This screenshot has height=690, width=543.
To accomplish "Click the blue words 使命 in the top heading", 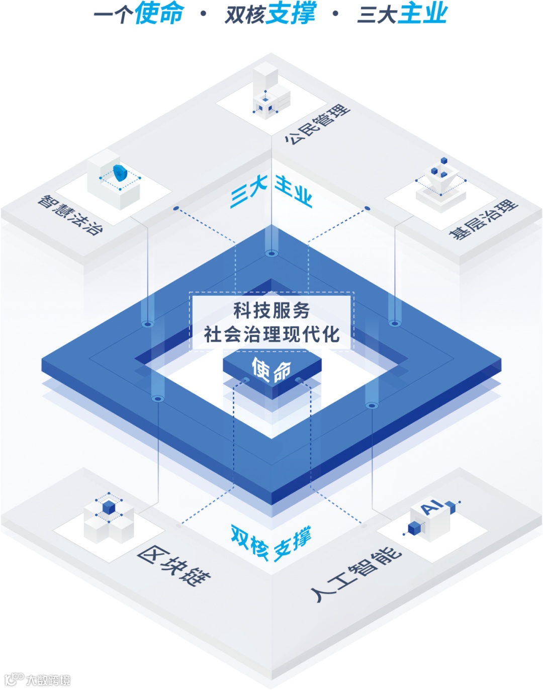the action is (159, 13).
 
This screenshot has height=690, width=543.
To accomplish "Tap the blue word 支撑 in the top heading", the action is (291, 13).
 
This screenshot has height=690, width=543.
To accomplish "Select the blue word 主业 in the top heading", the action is (423, 13).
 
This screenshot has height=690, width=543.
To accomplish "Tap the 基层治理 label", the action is (483, 219).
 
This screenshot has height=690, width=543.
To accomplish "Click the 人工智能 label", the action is (356, 574).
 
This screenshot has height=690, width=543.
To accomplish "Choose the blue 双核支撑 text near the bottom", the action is (271, 543).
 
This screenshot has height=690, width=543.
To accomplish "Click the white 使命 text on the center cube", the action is (271, 370).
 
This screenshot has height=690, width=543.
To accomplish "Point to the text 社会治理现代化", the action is (271, 334).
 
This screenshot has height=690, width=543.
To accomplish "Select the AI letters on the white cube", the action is (431, 507).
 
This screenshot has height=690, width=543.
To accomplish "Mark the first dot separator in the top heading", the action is (204, 14).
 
